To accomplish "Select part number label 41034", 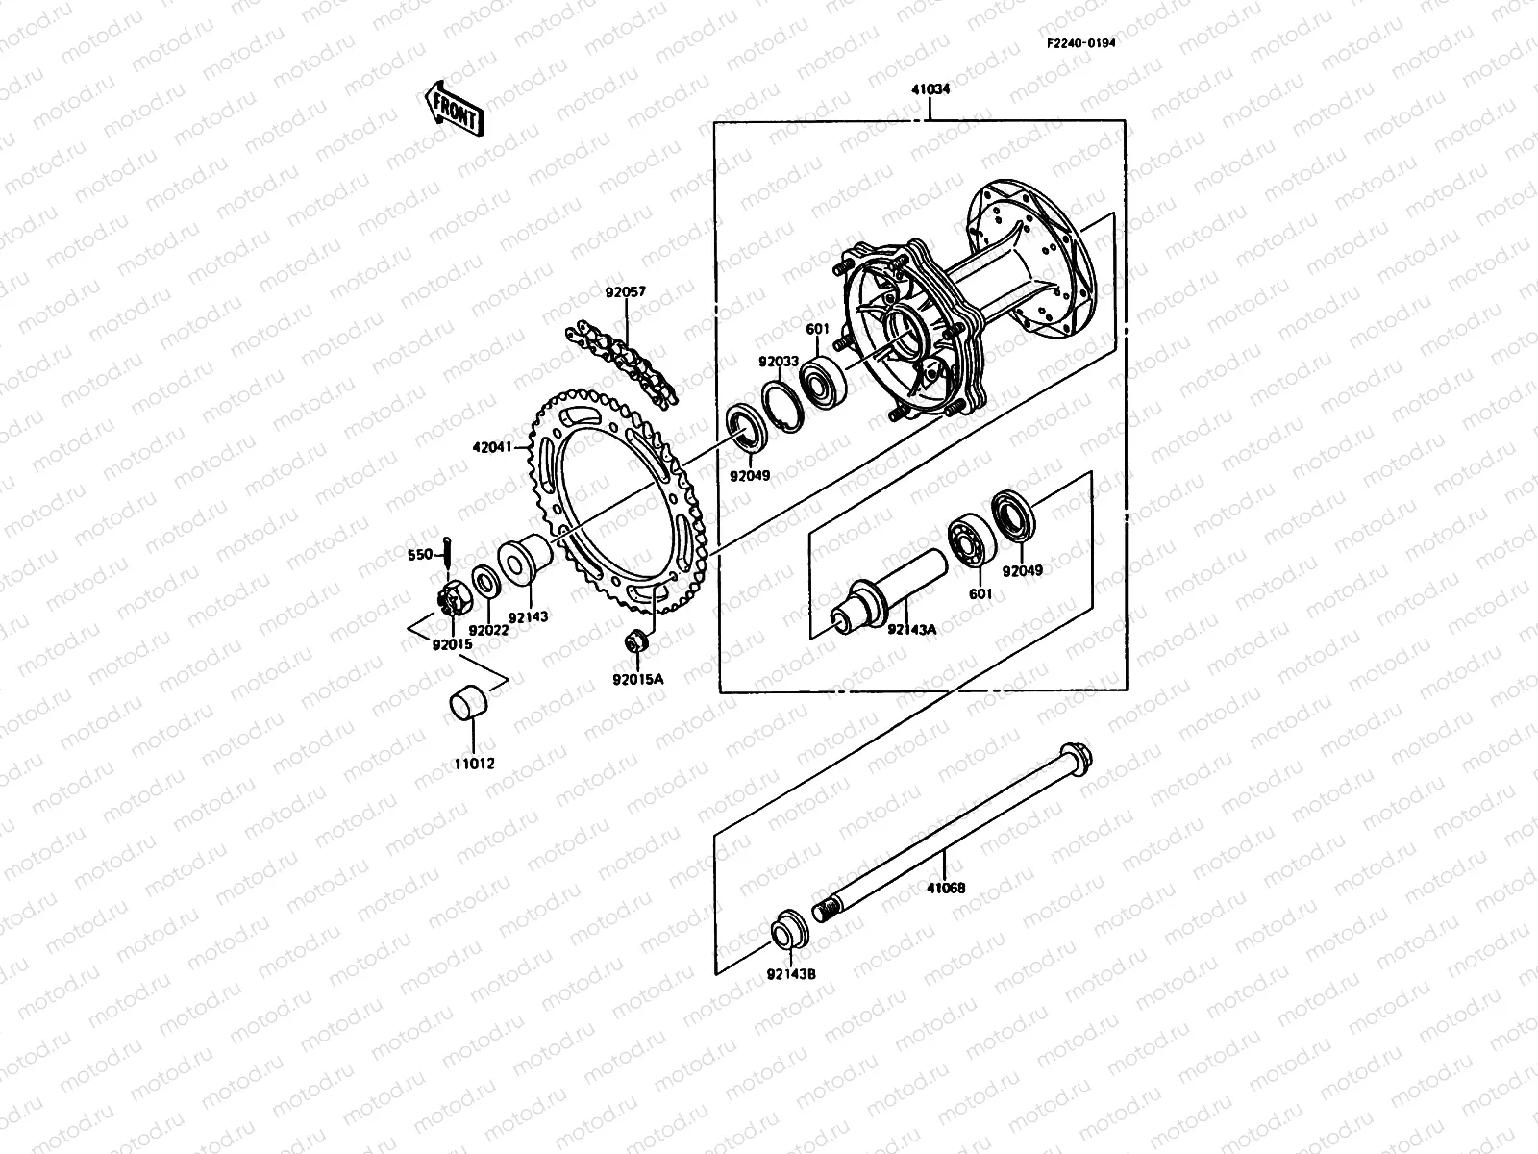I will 930,89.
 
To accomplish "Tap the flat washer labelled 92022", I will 485,581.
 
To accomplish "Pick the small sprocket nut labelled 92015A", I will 636,640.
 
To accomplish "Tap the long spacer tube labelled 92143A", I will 884,587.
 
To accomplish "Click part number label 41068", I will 945,889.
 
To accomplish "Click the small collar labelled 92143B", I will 790,929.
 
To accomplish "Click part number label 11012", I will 474,764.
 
